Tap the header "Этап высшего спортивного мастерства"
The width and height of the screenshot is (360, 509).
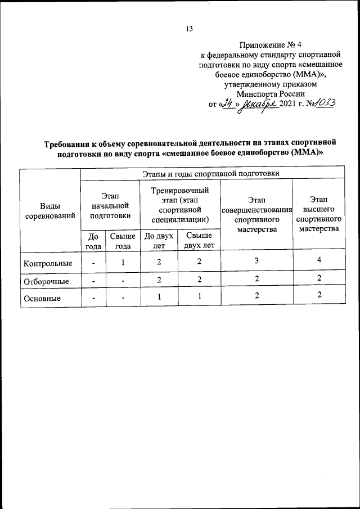click(x=319, y=214)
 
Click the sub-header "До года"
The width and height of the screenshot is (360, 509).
click(x=93, y=240)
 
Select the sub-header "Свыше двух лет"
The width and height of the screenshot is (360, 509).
click(x=199, y=240)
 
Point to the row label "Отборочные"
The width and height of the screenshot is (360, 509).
click(x=45, y=281)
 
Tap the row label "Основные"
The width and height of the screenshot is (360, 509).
click(x=42, y=299)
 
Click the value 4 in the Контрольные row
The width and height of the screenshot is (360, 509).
click(x=319, y=260)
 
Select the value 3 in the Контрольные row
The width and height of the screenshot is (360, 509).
click(x=257, y=262)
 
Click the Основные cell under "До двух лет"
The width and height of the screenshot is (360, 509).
click(x=159, y=296)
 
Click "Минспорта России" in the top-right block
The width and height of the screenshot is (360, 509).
click(x=271, y=94)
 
